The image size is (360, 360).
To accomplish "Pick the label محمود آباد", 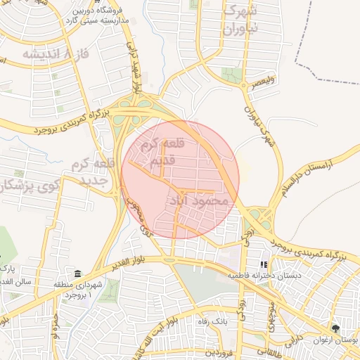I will point(199,201).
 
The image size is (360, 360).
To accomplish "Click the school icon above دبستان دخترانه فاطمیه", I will point(264,265).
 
